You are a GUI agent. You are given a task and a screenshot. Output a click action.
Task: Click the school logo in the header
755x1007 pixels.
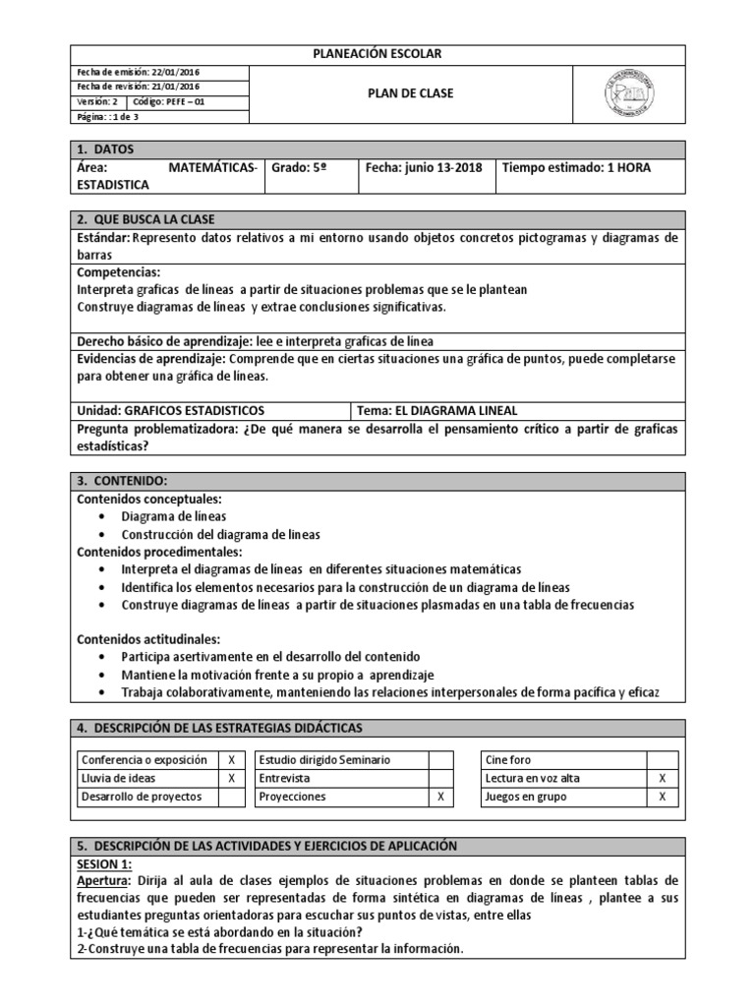[628, 93]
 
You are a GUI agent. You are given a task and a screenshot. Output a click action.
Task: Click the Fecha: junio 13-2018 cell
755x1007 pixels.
[423, 168]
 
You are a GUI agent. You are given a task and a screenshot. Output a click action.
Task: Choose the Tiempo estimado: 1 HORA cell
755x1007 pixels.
[576, 168]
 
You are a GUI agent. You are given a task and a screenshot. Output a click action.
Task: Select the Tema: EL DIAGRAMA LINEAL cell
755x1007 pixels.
[436, 410]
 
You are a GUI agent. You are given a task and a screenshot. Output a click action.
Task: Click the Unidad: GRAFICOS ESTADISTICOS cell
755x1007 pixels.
[170, 410]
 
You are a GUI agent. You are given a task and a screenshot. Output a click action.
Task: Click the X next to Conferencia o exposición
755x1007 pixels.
[231, 760]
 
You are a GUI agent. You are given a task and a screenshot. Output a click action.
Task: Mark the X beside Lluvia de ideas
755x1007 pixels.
[231, 778]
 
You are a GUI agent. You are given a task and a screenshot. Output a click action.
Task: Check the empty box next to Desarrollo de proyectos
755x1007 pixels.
[231, 797]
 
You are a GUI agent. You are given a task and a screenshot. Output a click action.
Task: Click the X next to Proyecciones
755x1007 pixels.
[440, 797]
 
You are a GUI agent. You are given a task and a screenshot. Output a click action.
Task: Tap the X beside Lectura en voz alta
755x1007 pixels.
[662, 778]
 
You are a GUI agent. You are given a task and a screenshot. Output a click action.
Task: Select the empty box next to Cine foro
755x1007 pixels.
[662, 760]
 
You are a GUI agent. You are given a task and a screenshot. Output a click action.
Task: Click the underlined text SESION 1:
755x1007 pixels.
[103, 862]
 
